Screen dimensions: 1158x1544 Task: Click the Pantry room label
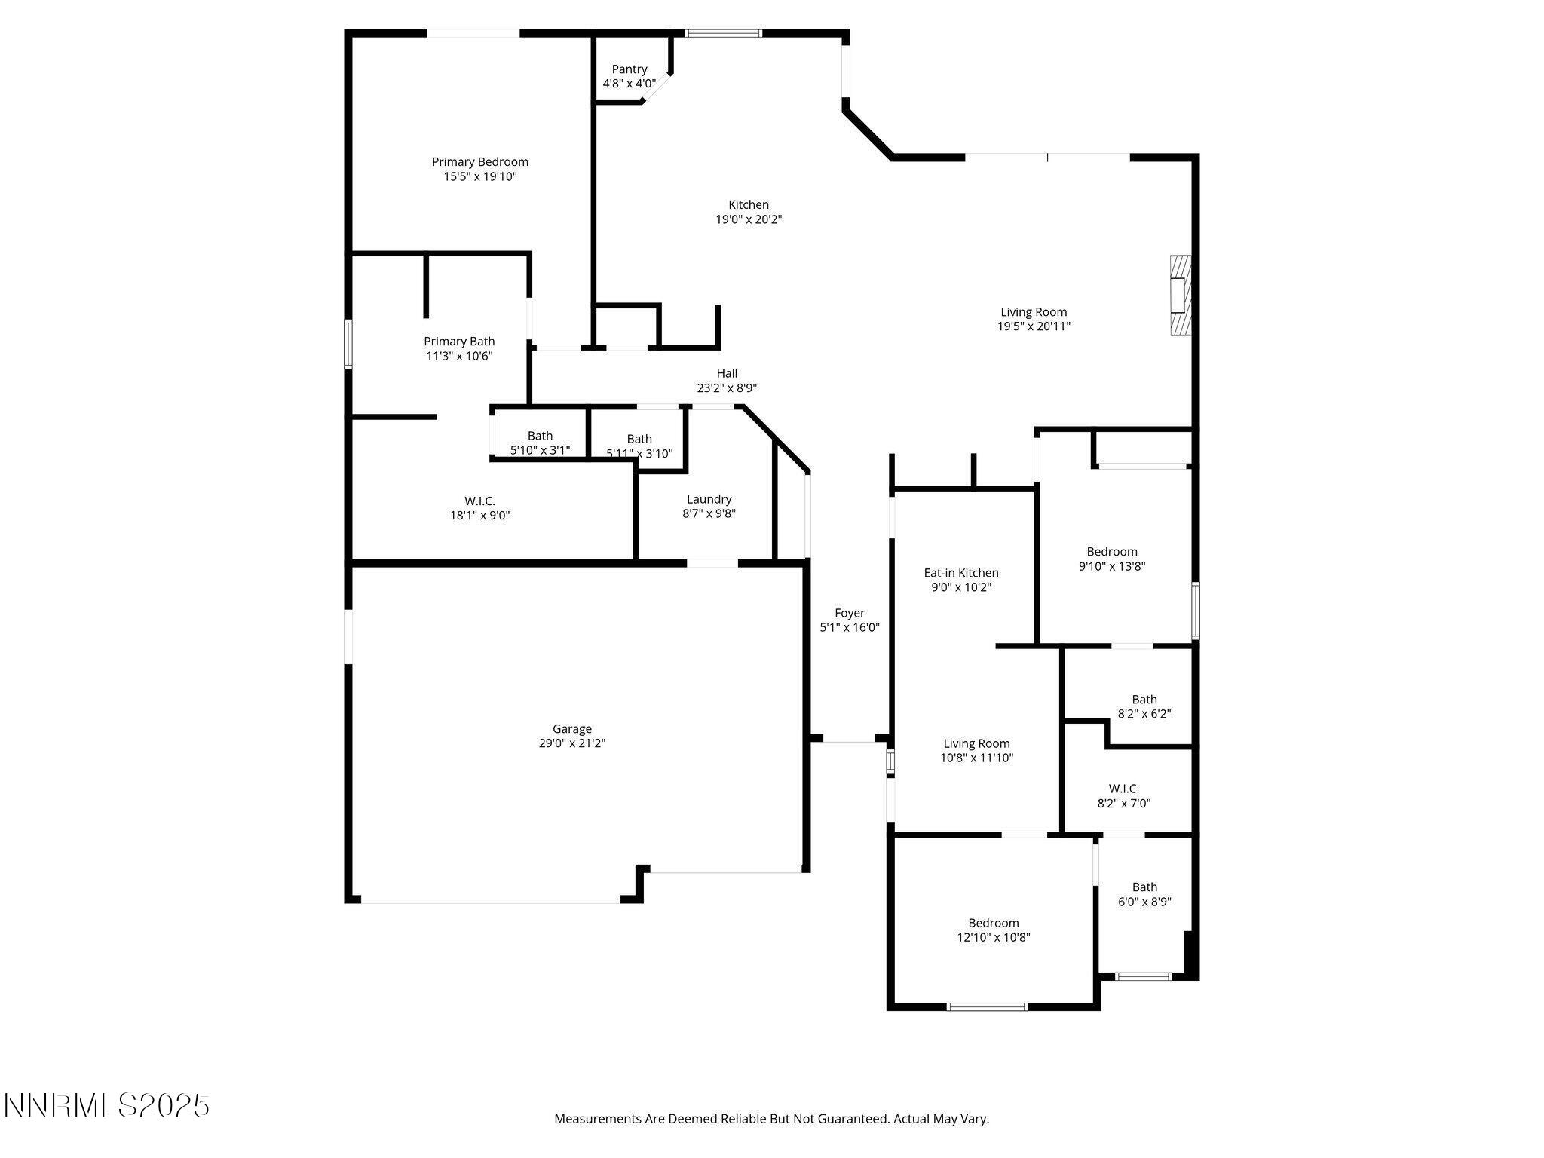tap(629, 69)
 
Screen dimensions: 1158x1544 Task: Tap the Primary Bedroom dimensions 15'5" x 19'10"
tap(480, 176)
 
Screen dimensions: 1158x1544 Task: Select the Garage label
tap(571, 728)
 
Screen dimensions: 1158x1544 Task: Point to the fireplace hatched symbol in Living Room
tap(1180, 296)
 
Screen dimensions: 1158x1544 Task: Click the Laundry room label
tap(709, 499)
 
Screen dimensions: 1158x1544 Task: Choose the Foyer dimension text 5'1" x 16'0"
tap(850, 627)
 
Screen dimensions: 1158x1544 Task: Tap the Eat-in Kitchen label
tap(961, 573)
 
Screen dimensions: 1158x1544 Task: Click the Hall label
tap(727, 373)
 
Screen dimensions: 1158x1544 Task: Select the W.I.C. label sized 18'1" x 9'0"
tap(479, 501)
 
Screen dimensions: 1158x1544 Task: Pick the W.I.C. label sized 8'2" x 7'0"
tap(1123, 789)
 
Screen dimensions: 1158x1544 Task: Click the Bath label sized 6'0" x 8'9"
tap(1144, 887)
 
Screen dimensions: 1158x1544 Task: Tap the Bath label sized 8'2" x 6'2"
tap(1144, 700)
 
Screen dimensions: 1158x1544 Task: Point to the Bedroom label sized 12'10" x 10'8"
tap(993, 923)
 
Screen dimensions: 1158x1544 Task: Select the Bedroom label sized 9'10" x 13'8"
tap(1111, 552)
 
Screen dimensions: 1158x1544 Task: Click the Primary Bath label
tap(459, 342)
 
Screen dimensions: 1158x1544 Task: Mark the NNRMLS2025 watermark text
tap(106, 1106)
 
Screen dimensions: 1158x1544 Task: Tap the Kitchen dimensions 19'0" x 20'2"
tap(749, 219)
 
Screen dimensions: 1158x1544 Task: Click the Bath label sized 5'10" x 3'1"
tap(540, 436)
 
